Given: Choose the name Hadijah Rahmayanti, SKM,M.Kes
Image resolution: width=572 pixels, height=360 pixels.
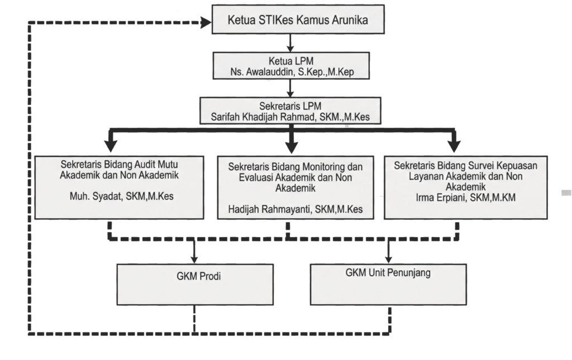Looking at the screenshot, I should coord(295,209).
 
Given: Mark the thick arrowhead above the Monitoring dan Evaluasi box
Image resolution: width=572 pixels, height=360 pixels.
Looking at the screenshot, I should coord(291,147).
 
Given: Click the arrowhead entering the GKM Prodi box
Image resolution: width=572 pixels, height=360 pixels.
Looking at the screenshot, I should coord(194,259).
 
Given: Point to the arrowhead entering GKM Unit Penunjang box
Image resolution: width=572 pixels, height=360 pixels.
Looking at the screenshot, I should coord(388,259).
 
